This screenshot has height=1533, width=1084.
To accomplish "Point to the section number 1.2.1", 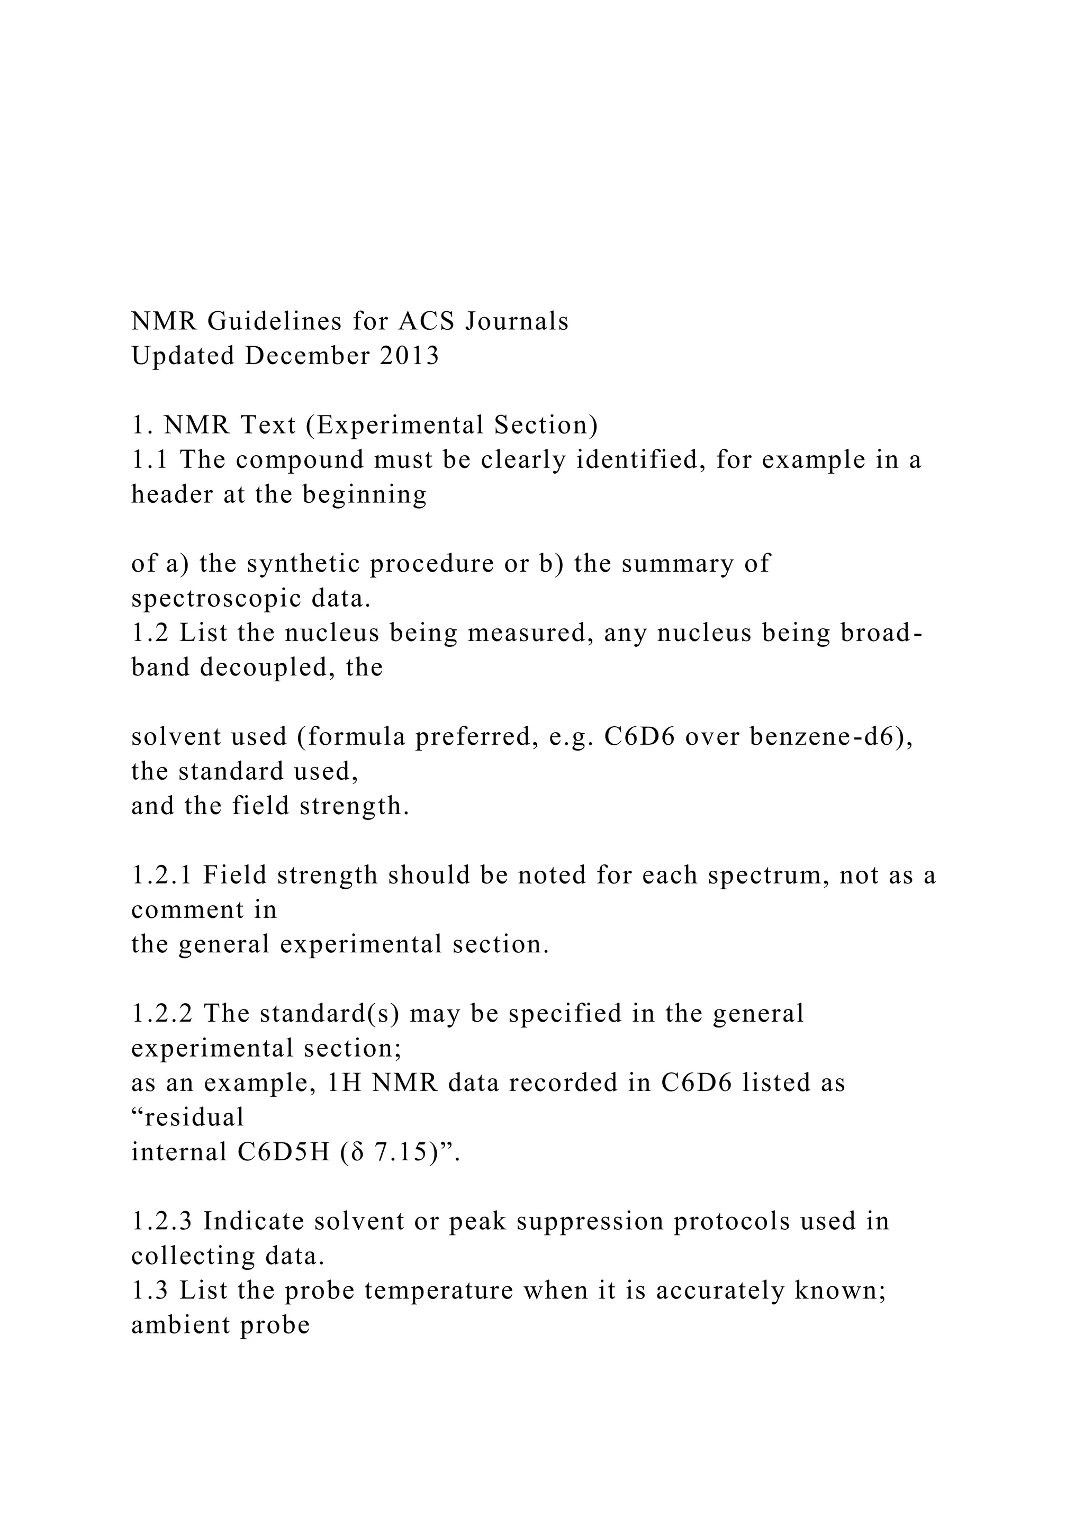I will pyautogui.click(x=162, y=876).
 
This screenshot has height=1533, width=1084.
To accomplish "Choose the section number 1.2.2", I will pyautogui.click(x=162, y=1014).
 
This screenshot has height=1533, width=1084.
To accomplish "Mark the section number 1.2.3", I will pyautogui.click(x=162, y=1221).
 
